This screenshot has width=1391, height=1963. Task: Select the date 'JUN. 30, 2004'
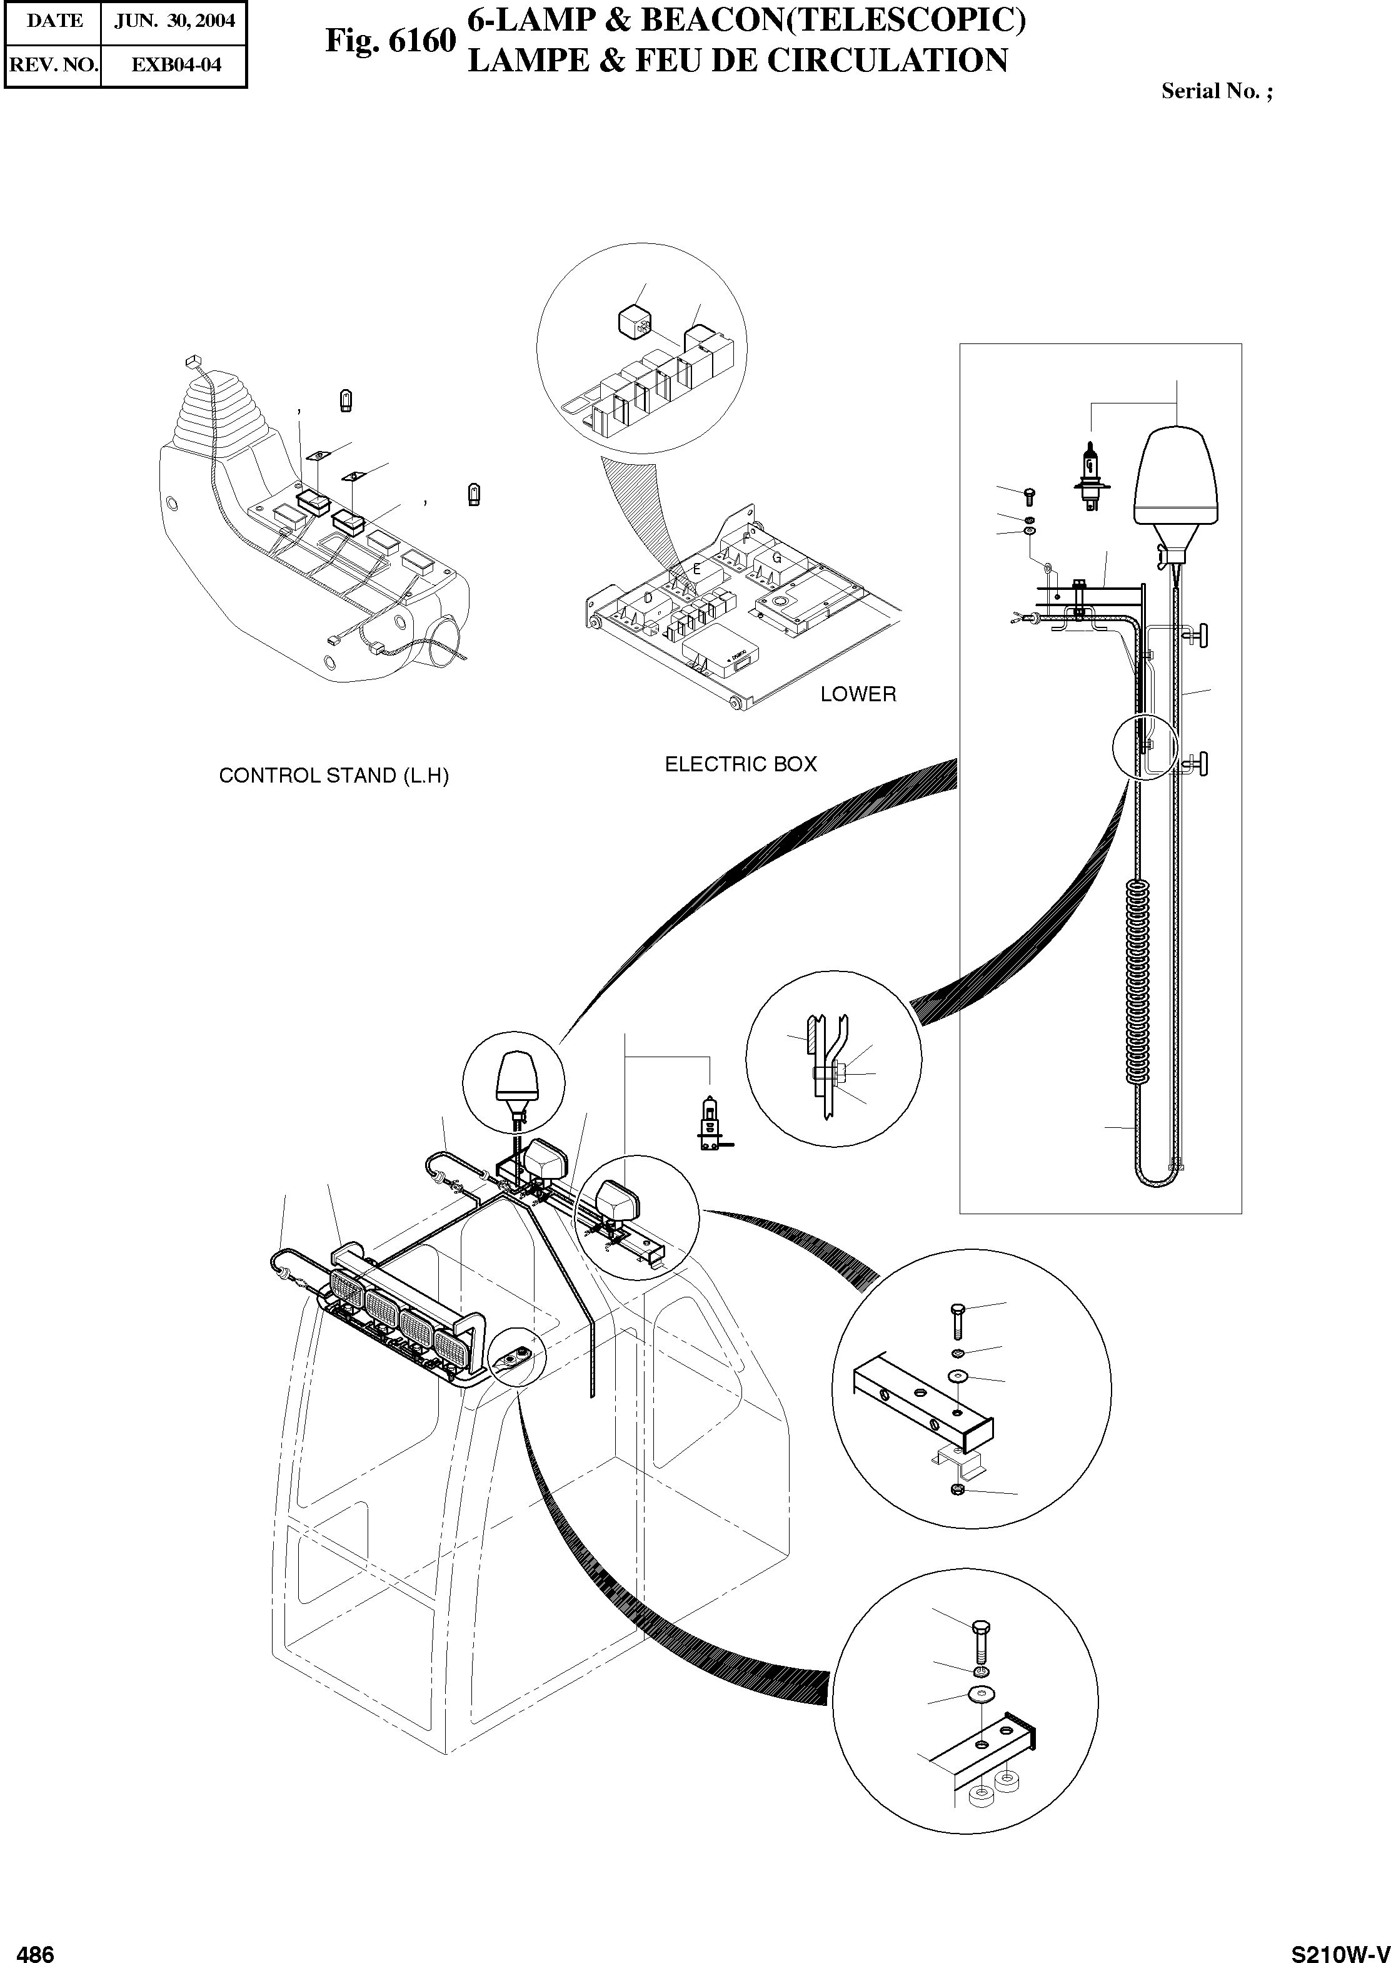pos(174,21)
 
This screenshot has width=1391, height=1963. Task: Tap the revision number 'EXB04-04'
pos(174,65)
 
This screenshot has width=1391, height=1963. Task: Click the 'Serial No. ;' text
pos(1217,92)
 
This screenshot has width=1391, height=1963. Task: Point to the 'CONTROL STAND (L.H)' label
pos(334,776)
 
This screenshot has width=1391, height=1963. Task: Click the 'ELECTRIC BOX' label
pos(741,764)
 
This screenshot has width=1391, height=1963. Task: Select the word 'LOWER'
pos(858,694)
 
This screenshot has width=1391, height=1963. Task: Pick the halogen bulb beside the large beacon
pos(1090,475)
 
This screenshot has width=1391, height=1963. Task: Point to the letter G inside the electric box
pos(777,559)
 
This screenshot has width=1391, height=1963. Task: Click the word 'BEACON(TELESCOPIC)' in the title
pos(830,21)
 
